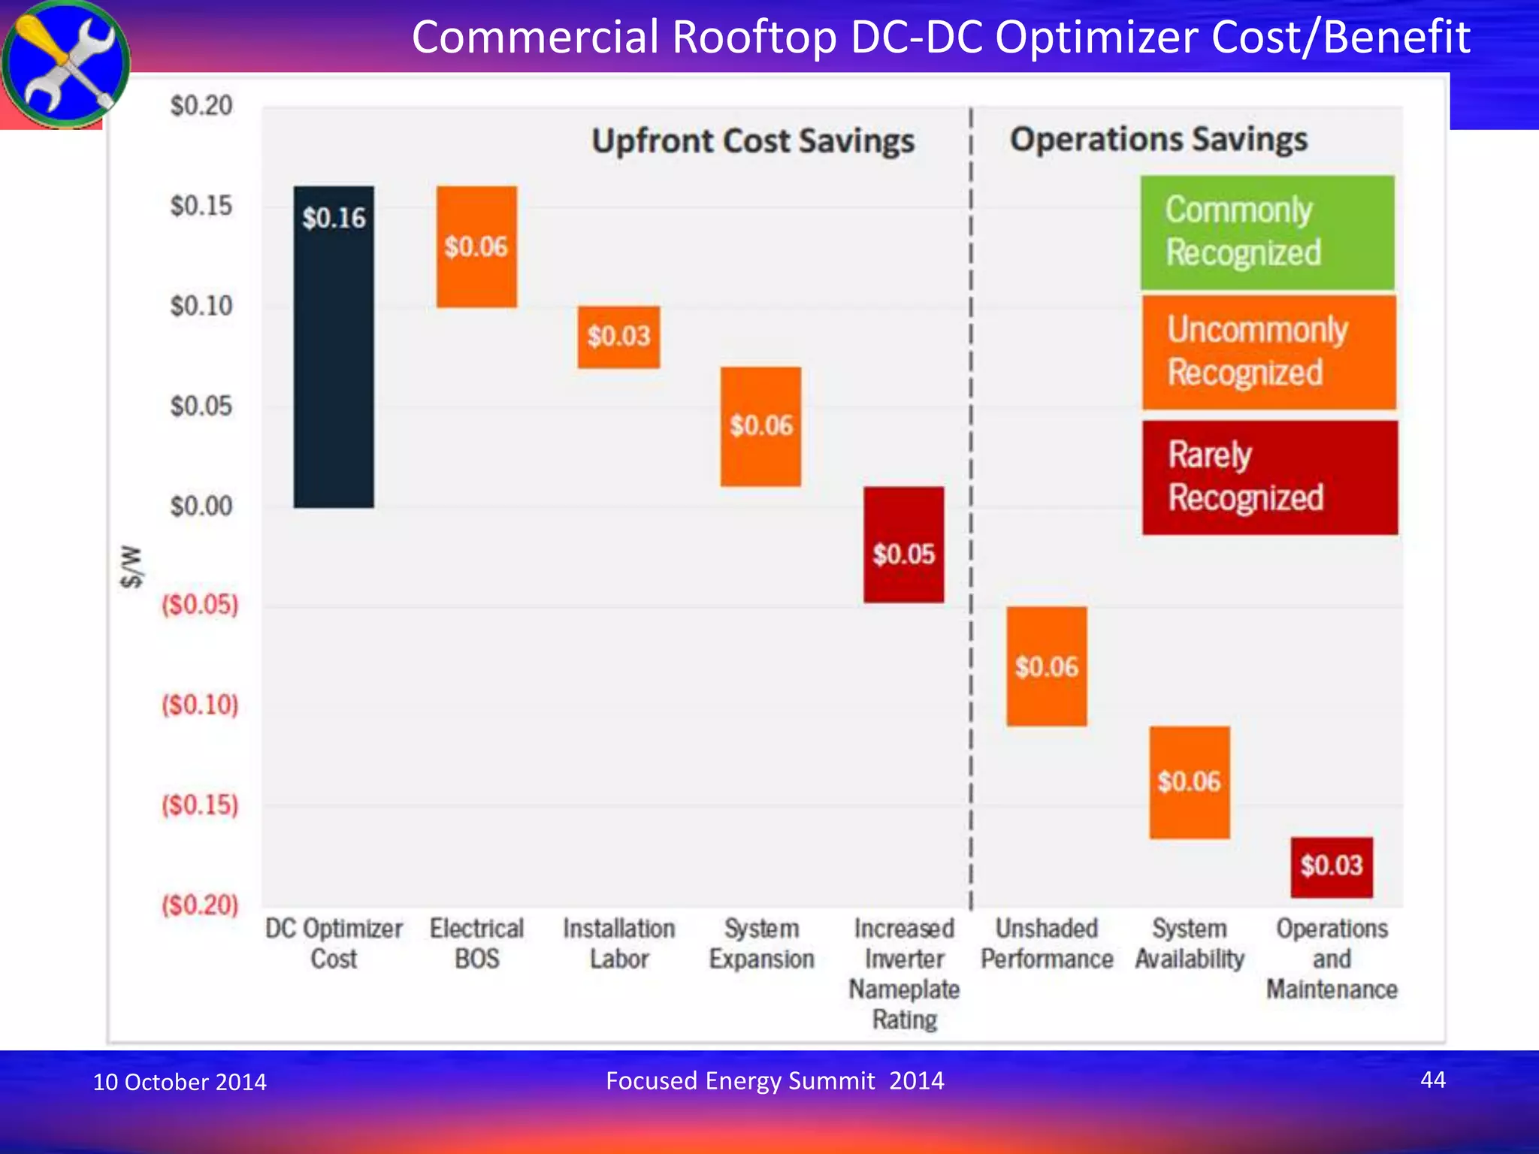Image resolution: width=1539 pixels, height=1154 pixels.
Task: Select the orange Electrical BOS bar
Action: [x=476, y=246]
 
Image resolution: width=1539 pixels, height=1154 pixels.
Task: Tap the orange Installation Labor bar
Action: [x=618, y=337]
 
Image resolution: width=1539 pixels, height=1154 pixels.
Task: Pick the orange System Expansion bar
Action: [x=760, y=426]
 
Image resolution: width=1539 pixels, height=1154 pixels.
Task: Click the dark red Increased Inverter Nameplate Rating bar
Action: [x=903, y=545]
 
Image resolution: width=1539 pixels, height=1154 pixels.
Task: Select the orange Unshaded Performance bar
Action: [x=1046, y=666]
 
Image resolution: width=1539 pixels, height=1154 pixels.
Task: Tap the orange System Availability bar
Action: [x=1189, y=781]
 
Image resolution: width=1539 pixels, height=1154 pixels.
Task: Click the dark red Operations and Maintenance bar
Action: [x=1332, y=866]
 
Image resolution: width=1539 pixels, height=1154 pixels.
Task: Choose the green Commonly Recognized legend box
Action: [x=1267, y=232]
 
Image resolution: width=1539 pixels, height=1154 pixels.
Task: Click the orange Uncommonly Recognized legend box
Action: [x=1268, y=352]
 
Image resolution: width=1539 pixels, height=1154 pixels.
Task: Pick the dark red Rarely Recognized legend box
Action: [x=1269, y=477]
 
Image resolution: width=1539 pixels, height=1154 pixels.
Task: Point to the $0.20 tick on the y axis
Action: [x=201, y=106]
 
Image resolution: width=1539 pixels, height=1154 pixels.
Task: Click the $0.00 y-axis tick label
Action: [x=201, y=506]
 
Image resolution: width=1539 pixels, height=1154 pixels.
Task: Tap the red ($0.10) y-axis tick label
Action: [x=200, y=705]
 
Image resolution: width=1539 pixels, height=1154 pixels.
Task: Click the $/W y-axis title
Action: [x=132, y=566]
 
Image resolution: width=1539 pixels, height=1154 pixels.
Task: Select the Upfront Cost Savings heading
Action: [x=753, y=141]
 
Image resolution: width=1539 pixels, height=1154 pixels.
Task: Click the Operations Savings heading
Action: [x=1158, y=140]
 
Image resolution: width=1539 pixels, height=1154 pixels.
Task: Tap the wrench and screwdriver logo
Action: [x=65, y=63]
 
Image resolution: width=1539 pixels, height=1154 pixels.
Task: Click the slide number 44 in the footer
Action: [x=1432, y=1080]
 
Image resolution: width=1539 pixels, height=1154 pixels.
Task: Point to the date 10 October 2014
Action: [x=180, y=1082]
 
